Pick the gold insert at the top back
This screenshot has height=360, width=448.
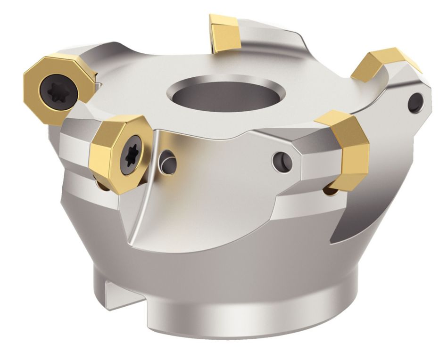225,33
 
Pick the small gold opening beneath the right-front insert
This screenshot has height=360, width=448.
330,190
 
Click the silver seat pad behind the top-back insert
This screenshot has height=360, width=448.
264,35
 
